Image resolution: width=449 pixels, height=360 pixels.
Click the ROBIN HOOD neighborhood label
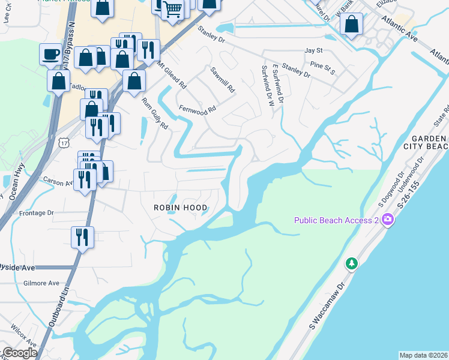click(180, 208)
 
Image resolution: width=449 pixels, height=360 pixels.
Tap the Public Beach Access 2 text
click(336, 220)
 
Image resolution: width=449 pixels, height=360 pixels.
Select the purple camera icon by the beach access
click(388, 220)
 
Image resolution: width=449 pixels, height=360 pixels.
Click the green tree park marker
click(352, 263)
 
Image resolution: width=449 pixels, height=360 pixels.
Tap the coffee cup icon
click(50, 54)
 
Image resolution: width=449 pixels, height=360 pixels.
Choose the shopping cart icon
click(173, 9)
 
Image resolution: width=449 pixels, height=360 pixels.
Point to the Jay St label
click(313, 50)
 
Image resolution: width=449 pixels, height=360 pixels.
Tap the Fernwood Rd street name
click(197, 110)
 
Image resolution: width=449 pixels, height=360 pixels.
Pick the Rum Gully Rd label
click(155, 113)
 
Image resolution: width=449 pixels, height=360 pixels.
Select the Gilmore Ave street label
click(41, 283)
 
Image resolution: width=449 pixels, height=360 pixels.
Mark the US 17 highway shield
click(65, 142)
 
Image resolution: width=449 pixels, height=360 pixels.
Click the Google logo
click(20, 353)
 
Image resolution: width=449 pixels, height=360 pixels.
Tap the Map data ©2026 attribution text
click(423, 355)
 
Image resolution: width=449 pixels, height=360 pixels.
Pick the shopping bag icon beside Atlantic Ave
click(352, 25)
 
